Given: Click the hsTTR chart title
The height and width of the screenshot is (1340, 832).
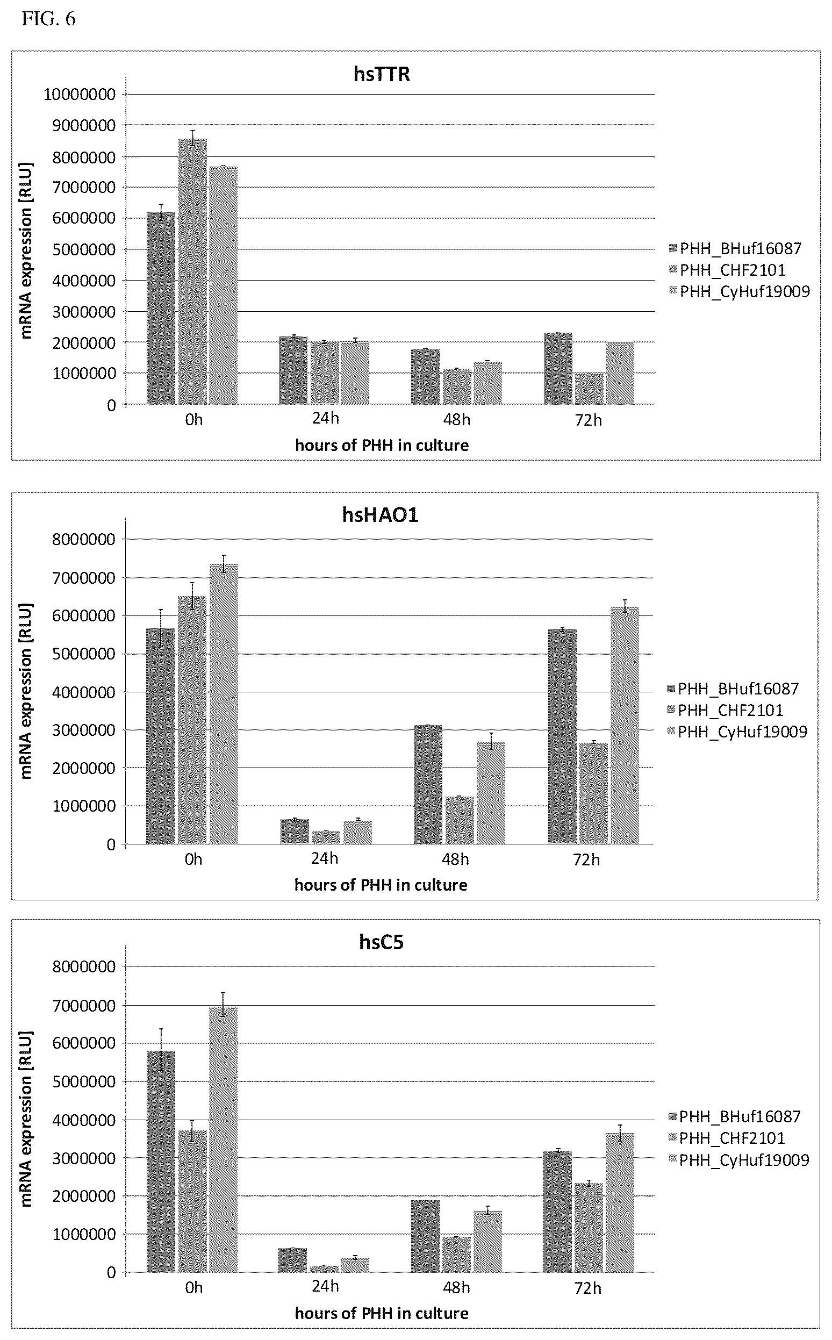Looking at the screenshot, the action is [382, 74].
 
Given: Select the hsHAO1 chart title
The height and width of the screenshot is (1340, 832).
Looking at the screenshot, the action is [380, 514].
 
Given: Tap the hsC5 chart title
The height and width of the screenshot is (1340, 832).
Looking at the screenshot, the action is [382, 942].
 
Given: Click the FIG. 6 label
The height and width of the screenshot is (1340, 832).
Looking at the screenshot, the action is [48, 19].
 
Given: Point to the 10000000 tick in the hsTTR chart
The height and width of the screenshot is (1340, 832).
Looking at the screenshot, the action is [80, 95].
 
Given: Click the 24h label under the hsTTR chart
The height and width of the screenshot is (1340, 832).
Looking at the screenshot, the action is [326, 418].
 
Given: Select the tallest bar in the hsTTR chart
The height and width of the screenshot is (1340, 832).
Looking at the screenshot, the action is [192, 272].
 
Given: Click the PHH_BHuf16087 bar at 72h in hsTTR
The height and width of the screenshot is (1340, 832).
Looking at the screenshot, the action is [558, 369].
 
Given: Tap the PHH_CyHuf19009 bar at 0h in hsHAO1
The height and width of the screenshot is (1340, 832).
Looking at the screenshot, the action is [224, 704].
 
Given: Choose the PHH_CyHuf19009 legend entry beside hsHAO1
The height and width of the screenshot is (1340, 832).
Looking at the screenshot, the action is [737, 732].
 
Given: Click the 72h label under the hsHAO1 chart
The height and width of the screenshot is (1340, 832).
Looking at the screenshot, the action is [586, 860].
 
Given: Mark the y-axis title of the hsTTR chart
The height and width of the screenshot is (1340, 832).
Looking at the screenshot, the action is [27, 250].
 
